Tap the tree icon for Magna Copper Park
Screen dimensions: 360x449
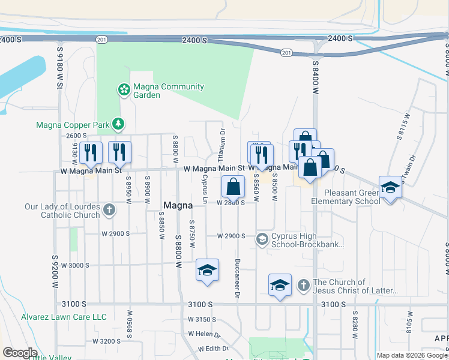pyautogui.click(x=119, y=124)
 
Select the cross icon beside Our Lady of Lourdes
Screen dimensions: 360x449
pyautogui.click(x=109, y=210)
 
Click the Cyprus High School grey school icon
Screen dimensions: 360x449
pyautogui.click(x=262, y=239)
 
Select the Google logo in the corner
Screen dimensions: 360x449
pyautogui.click(x=20, y=353)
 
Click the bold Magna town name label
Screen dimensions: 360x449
pyautogui.click(x=178, y=206)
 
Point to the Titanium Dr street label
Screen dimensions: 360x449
pyautogui.click(x=222, y=146)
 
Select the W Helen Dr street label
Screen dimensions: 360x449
pyautogui.click(x=205, y=334)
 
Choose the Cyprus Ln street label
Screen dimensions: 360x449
pyautogui.click(x=204, y=187)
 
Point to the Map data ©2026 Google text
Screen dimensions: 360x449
pyautogui.click(x=412, y=355)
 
